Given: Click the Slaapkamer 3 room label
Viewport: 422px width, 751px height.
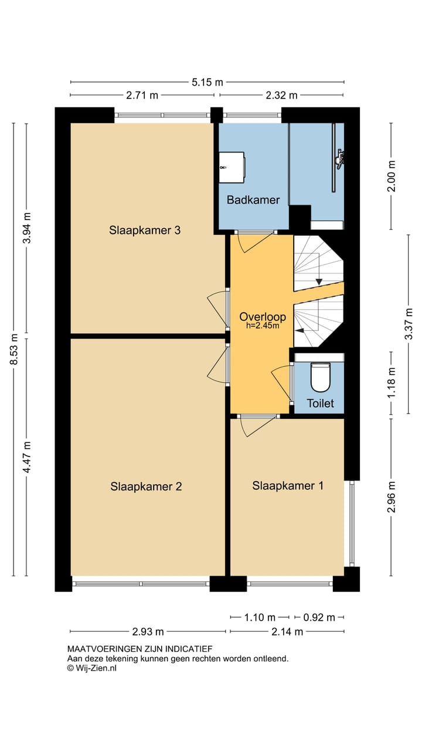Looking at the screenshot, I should pos(144,231).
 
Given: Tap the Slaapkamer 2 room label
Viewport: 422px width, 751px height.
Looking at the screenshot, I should pos(146,486).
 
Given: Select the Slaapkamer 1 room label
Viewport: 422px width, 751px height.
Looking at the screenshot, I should pos(287,486).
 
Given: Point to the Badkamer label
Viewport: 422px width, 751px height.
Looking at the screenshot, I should pos(253,200).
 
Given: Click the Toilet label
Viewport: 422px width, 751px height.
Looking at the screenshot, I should pos(321,404).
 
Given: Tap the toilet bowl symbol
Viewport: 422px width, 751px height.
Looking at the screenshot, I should pos(321,377).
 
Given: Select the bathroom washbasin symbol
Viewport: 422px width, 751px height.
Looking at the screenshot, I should pos(231,168).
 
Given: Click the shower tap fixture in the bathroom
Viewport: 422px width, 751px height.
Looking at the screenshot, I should pos(340,157).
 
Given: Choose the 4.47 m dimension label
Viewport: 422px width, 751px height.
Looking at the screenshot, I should pos(27,456).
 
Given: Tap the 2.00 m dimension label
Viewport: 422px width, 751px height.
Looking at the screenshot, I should pos(392,176).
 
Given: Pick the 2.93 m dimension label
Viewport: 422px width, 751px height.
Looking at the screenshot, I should pos(148,632).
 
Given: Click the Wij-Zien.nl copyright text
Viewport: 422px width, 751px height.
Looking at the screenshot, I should pos(92,668).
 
